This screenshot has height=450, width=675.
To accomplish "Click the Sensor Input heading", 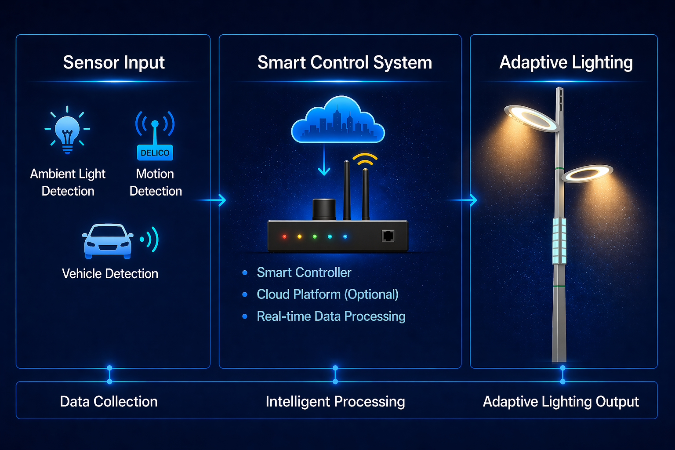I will click(x=114, y=62).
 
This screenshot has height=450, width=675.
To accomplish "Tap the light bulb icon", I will click(x=67, y=131).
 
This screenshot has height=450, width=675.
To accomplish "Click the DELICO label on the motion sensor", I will click(x=155, y=153).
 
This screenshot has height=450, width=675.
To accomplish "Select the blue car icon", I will click(x=108, y=241).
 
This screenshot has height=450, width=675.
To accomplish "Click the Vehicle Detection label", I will click(x=110, y=274).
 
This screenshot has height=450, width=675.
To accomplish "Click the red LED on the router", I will click(x=284, y=236).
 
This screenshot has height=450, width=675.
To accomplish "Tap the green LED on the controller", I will click(x=315, y=236).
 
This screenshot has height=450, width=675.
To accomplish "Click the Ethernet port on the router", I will click(x=388, y=236).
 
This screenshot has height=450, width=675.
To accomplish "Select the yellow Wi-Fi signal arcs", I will click(x=365, y=160).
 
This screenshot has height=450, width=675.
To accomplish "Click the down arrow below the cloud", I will click(x=324, y=160).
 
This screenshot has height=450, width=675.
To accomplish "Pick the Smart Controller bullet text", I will click(x=304, y=272).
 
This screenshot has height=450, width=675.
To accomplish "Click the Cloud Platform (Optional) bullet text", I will click(x=327, y=294).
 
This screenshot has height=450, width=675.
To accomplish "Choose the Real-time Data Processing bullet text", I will click(x=331, y=316).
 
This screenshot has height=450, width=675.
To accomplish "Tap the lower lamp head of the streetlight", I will click(x=587, y=173).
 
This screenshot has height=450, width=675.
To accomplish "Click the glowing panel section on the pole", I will click(x=559, y=240).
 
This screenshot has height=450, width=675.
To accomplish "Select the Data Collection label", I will click(x=109, y=402).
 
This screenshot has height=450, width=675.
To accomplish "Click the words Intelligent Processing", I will click(x=335, y=402).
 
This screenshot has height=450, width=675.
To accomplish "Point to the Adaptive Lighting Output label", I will click(x=561, y=402).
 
